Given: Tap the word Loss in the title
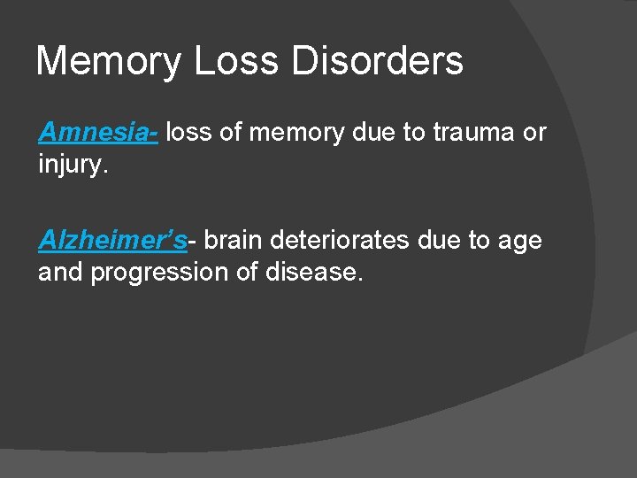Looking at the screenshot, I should [225, 61].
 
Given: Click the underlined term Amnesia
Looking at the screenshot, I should [96, 133].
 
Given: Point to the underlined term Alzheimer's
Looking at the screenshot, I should [112, 240].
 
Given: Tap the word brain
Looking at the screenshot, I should [234, 240].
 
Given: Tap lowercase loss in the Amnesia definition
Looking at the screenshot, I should [187, 133].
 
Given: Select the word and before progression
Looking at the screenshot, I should [59, 272].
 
